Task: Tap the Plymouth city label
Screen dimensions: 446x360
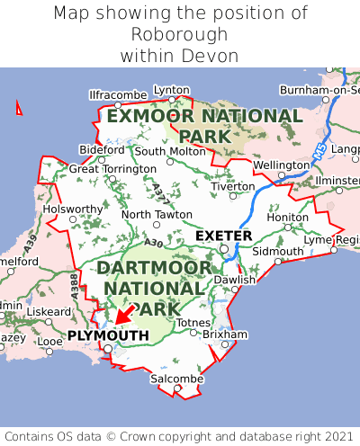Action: pos(107,335)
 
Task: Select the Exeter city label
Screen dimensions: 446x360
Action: pos(223,236)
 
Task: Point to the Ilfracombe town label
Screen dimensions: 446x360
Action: pos(118,94)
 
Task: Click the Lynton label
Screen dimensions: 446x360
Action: pos(172,90)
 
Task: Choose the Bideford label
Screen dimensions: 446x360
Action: pos(102,149)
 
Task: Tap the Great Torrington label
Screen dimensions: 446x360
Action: pos(112,168)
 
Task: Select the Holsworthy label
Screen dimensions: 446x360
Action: pos(74,209)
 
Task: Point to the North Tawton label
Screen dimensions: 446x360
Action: pos(157,215)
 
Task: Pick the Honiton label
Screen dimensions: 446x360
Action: pos(288,217)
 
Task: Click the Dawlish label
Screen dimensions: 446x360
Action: pos(235,280)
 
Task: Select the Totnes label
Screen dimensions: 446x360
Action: pos(194,322)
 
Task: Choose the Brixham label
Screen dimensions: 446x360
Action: pos(225,334)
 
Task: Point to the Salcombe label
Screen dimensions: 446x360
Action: pos(172,380)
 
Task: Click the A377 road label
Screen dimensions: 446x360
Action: pos(159,192)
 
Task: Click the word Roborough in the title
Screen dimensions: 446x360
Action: pos(180,34)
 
